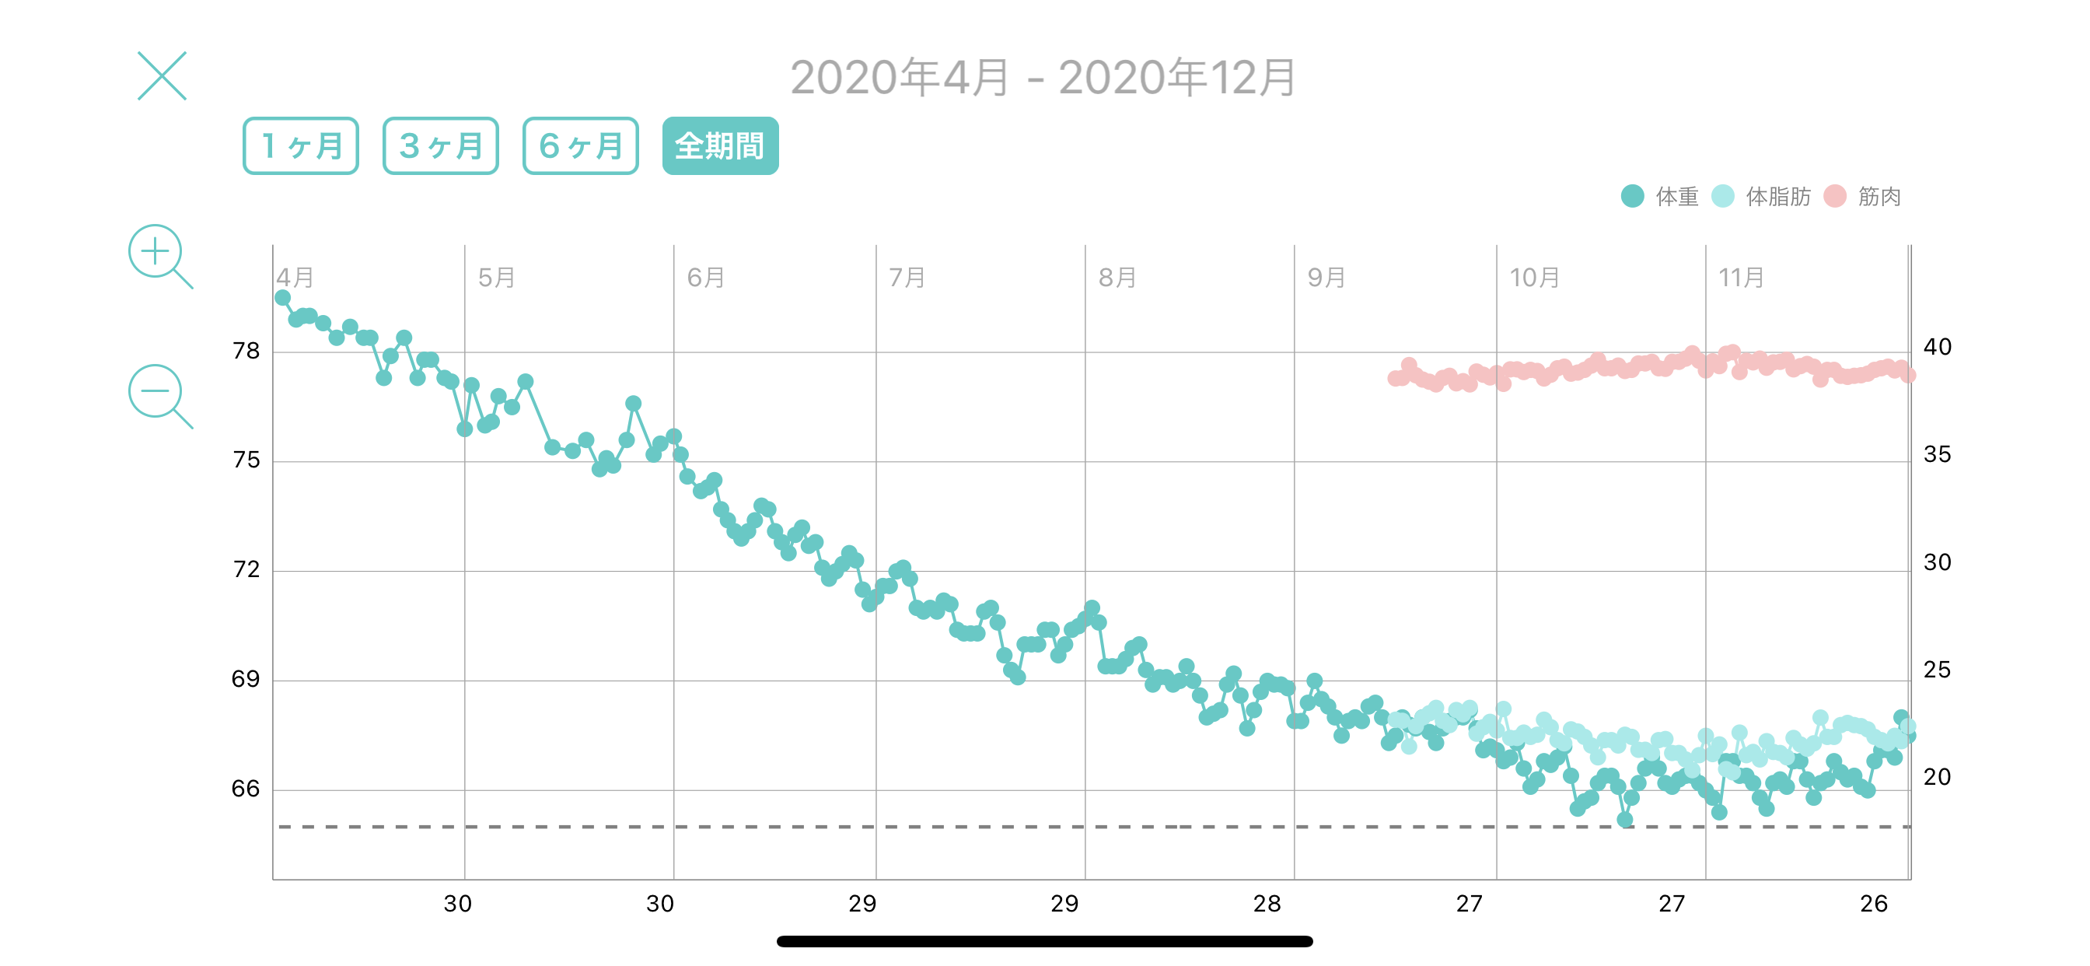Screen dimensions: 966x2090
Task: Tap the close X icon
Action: (163, 76)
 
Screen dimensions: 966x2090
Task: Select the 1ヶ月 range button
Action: (301, 146)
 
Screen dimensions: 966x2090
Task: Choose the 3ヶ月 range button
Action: (441, 146)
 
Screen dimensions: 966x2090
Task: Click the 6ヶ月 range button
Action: (581, 146)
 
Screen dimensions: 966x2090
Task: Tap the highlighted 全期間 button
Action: (721, 146)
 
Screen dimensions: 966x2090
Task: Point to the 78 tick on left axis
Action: (246, 351)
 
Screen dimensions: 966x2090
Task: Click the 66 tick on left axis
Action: (246, 788)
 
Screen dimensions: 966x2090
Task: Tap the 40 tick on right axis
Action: (1938, 347)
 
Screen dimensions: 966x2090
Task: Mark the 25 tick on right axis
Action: (1938, 670)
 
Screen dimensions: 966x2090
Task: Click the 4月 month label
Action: (295, 278)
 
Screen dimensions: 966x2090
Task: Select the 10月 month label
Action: (1534, 278)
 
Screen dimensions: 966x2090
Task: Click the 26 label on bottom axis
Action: (1874, 904)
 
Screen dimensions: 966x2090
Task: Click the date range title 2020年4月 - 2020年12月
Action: (1043, 78)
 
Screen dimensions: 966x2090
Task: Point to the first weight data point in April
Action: (282, 298)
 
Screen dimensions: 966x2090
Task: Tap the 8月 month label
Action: (1117, 278)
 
